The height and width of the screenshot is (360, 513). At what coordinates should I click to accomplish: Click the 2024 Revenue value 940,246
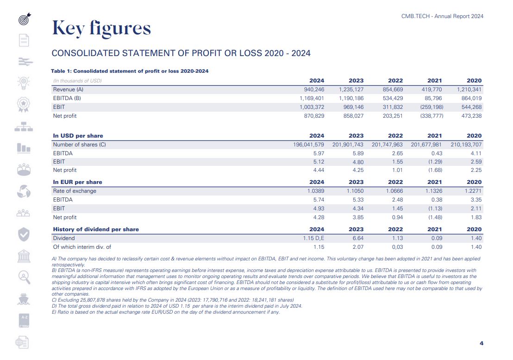pos(313,89)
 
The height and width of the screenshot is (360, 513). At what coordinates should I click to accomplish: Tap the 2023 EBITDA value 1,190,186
pos(351,98)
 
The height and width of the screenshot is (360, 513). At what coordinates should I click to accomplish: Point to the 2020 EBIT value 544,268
pos(469,107)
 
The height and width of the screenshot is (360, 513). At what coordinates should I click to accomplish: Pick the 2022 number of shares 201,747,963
pos(387,145)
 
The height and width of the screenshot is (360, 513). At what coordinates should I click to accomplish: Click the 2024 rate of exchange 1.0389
pos(316,191)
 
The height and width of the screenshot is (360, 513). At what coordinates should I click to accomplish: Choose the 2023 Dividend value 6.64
pos(357,238)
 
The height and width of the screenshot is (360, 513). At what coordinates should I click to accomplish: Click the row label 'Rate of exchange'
pos(75,191)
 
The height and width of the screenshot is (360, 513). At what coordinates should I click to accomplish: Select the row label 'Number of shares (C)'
pos(79,145)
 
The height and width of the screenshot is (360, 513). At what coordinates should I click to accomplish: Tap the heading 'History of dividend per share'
pos(96,229)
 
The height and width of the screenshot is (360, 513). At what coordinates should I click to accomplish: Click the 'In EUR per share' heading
pos(77,182)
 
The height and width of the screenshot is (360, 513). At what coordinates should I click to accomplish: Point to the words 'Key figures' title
pos(101,28)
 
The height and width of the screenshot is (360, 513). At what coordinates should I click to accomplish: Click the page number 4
pos(482,343)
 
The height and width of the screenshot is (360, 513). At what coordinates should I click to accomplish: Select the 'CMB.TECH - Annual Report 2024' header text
pos(442,16)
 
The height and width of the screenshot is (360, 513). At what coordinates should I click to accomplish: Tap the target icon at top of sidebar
pos(24,19)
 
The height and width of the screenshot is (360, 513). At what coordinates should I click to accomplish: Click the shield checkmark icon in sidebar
pos(24,234)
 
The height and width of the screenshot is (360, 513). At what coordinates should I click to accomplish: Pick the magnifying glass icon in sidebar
pos(24,277)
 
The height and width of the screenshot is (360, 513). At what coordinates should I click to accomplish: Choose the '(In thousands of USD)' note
pos(77,81)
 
